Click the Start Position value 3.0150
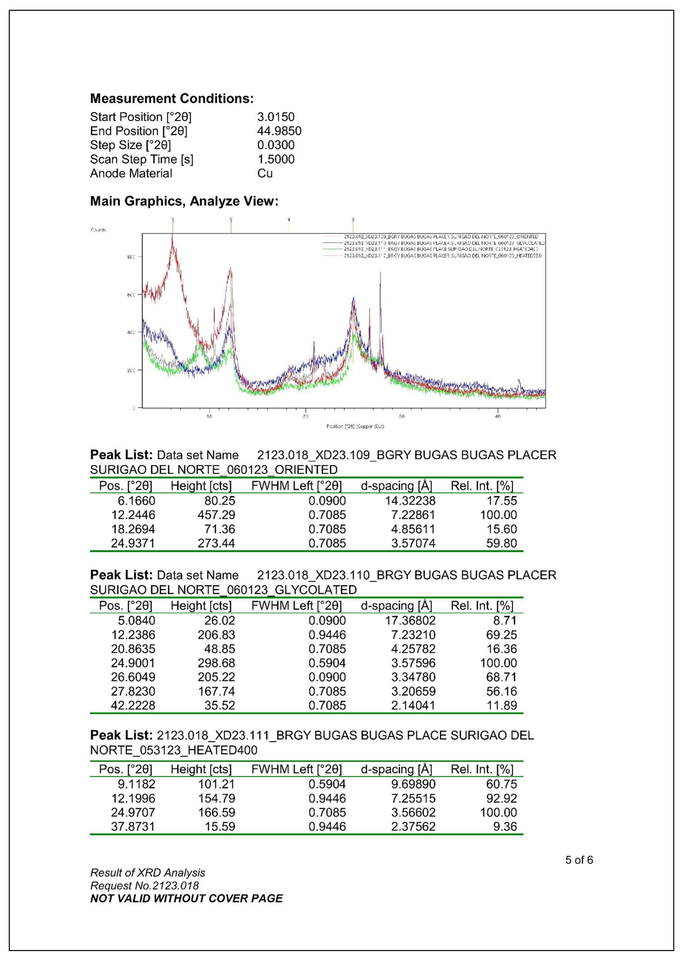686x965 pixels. tap(275, 117)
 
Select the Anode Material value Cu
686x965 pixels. tap(265, 174)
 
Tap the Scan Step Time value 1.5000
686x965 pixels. tap(275, 159)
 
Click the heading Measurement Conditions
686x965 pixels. tap(171, 98)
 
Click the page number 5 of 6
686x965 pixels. tap(579, 860)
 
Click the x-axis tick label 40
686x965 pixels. tap(498, 417)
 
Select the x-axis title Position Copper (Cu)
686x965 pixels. tap(355, 426)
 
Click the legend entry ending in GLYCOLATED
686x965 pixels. tap(444, 243)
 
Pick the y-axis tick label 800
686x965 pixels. tap(131, 257)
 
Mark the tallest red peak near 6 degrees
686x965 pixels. tap(172, 239)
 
